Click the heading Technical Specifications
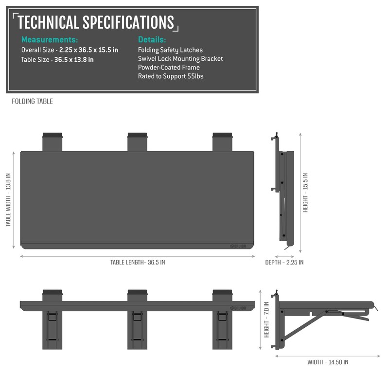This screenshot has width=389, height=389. point(95,22)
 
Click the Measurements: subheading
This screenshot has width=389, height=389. point(49,40)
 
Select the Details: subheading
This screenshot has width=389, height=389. point(152,40)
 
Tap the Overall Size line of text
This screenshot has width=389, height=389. point(70,50)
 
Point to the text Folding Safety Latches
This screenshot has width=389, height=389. point(170,50)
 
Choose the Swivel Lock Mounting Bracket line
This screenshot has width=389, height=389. point(180,59)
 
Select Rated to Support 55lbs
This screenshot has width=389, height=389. point(170,76)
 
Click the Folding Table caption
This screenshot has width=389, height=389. point(32,102)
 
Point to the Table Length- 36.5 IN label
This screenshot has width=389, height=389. point(138,262)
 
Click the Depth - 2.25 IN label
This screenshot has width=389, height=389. point(284,263)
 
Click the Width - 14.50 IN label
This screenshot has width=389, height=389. point(328,362)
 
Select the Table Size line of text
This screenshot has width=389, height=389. point(57,60)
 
